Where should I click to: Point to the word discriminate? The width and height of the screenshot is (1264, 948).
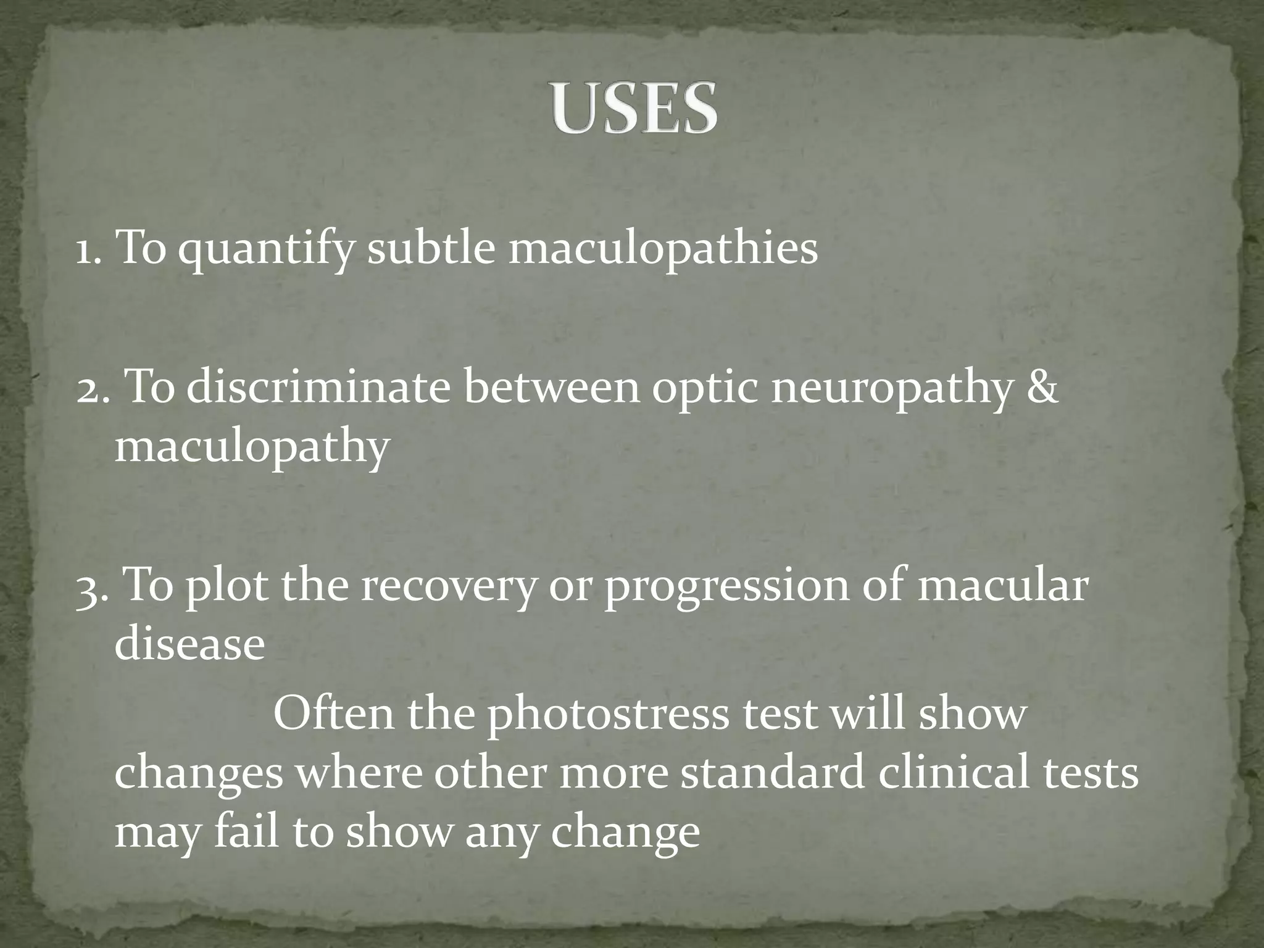tap(318, 388)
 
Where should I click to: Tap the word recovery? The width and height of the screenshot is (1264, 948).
tap(449, 586)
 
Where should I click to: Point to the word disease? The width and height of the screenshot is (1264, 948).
tap(190, 645)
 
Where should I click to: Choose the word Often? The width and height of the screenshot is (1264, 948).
tap(333, 714)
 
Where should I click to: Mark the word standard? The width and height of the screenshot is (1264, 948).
tap(772, 774)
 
